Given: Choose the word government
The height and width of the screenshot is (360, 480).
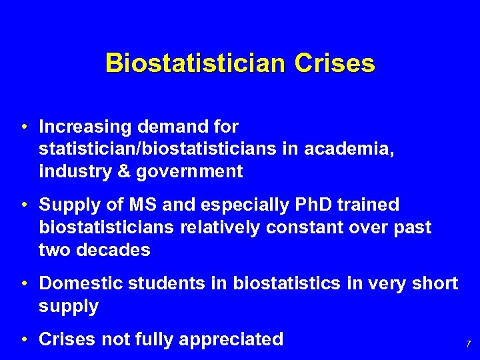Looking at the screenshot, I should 189,171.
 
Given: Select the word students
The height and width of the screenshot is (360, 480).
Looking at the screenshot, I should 171,283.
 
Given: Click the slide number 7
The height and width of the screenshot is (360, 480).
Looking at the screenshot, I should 468,345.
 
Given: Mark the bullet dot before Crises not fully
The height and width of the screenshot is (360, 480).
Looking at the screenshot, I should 23,340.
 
